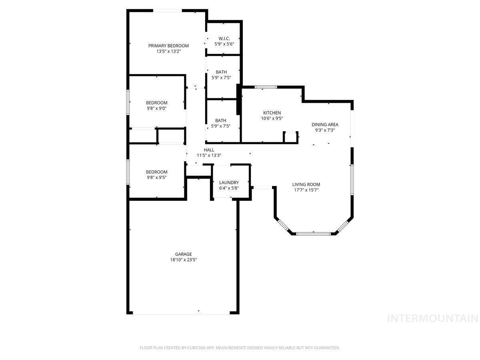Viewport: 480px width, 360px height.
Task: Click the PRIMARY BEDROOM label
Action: [168, 46]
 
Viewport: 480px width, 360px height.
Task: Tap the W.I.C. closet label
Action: [224, 38]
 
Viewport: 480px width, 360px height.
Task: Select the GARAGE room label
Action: [183, 254]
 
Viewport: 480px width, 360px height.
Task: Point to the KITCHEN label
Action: [272, 113]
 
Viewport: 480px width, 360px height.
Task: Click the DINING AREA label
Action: [325, 124]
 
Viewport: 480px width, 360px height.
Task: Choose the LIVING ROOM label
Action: [306, 184]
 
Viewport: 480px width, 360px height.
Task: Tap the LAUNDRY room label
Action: [229, 182]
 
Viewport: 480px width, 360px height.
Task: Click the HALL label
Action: [209, 150]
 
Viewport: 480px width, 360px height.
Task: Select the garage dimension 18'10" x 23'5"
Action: [183, 260]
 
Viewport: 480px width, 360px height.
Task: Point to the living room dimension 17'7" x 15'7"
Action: [306, 190]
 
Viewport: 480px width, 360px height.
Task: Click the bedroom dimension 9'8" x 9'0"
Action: [156, 108]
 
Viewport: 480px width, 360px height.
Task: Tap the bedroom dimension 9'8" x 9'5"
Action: [156, 178]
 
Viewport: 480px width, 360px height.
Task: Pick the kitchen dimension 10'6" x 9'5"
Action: [272, 118]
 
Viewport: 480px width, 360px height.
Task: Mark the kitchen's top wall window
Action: [266, 87]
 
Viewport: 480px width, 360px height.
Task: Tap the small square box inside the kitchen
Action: [290, 137]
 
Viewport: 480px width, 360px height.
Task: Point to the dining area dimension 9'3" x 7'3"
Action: [325, 130]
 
